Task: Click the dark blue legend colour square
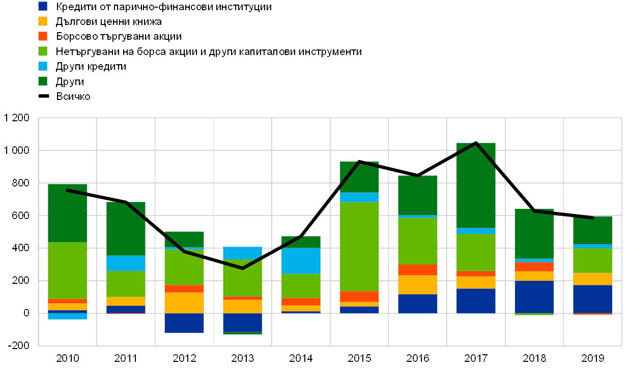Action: [43, 6]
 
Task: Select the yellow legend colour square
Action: [43, 21]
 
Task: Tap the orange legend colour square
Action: [43, 36]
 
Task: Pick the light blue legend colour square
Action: [43, 66]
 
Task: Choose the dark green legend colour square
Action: [43, 81]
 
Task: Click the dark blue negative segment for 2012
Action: [184, 323]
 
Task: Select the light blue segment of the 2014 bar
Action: [301, 261]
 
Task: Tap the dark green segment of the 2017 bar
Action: [476, 185]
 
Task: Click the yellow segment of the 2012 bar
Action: [184, 303]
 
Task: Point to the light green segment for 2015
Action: [359, 247]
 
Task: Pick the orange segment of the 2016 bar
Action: [418, 270]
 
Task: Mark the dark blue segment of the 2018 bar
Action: [534, 297]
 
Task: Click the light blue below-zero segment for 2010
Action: [67, 316]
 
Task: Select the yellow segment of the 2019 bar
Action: [593, 279]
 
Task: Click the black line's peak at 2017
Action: [476, 143]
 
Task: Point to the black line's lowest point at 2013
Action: [242, 268]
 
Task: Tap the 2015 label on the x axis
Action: [359, 358]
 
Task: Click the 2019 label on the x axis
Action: [593, 358]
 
